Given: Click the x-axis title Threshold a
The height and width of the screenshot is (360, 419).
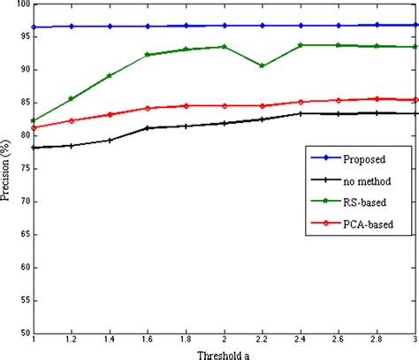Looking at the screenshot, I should point(222,353).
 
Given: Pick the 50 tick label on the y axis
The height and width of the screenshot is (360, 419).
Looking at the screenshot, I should point(22,333).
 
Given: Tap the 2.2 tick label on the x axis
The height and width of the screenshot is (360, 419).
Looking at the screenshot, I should point(263,341).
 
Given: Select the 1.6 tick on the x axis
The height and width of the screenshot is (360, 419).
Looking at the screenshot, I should point(148,341).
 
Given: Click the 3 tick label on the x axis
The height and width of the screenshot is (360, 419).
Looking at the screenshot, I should point(416,341).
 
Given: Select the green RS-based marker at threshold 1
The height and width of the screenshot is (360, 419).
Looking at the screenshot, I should point(34,121).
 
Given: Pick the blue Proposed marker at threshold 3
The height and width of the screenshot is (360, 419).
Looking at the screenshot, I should point(415,25).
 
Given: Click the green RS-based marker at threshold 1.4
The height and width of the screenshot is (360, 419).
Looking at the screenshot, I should point(110,76).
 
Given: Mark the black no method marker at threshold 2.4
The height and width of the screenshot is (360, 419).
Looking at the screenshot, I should point(301,113).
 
